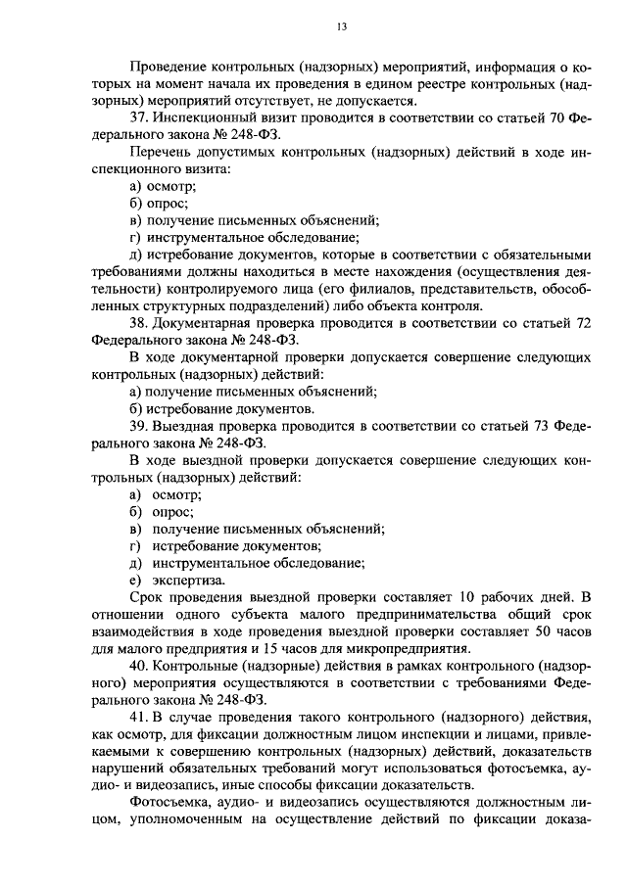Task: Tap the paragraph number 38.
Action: click(138, 323)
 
